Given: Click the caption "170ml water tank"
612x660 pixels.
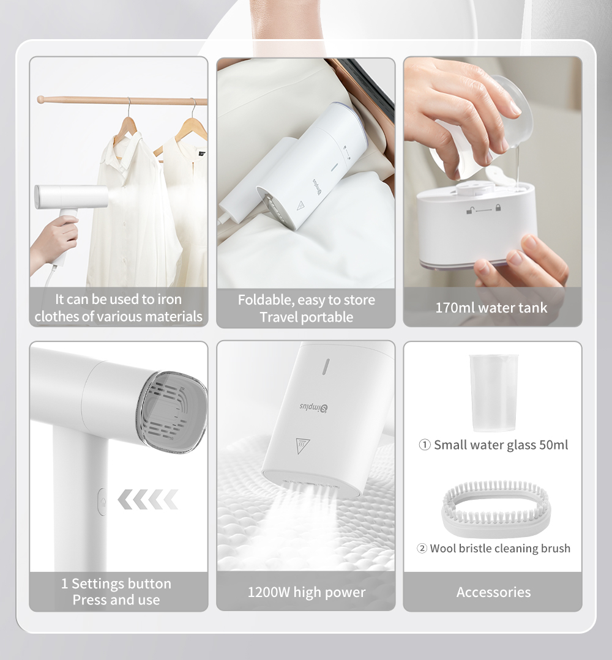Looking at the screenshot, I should [x=491, y=307].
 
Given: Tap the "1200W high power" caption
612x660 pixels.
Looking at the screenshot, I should [x=306, y=592].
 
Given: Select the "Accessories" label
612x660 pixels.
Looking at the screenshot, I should [x=493, y=592].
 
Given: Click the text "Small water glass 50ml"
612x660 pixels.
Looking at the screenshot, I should [x=501, y=445].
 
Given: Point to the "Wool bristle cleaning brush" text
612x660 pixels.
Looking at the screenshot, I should [x=500, y=548].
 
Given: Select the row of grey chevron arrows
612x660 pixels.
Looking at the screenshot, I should [x=147, y=499].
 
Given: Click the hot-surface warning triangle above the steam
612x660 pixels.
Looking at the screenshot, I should [x=302, y=445].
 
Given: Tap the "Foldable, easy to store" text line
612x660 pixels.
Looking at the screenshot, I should [x=306, y=300].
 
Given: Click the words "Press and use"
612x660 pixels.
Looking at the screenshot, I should [x=116, y=600].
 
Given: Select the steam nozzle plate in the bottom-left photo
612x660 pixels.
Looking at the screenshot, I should [x=173, y=409].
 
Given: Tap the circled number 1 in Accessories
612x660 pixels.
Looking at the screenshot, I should [x=425, y=445].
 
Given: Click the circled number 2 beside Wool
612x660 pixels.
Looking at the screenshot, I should [x=422, y=548].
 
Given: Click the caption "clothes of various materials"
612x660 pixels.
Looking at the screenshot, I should [x=118, y=316].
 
